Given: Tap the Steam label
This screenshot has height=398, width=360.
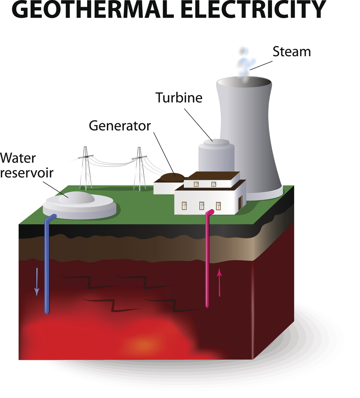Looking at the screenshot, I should (x=291, y=52).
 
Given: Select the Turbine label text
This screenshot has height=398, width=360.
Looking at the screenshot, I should (x=179, y=98).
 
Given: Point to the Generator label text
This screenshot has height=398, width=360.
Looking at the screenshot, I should (x=120, y=126).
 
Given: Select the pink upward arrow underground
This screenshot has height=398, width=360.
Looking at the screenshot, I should (x=220, y=283).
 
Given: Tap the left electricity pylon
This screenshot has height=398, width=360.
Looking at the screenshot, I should (x=86, y=168).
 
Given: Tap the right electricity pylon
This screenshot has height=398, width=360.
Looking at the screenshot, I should (x=139, y=168).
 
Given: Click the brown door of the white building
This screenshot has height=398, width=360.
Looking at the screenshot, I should (x=241, y=202).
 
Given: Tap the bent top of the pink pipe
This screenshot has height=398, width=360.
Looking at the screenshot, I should (x=210, y=213).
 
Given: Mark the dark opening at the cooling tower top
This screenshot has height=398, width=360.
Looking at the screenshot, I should (x=244, y=80).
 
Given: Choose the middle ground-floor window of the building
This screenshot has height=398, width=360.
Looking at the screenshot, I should (x=201, y=206).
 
